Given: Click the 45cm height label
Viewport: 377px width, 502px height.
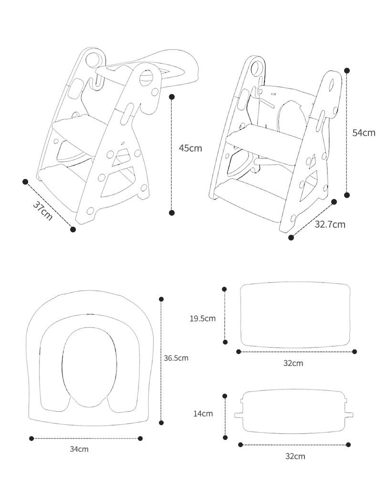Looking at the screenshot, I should (190, 148).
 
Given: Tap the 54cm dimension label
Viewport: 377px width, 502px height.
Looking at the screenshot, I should (364, 133).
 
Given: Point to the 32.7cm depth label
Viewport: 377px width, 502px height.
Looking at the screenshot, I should (330, 224).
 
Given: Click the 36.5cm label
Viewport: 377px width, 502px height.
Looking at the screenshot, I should (176, 358).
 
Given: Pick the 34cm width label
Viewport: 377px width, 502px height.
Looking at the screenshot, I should (79, 449).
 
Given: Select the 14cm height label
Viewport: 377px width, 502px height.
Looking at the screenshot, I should (203, 413).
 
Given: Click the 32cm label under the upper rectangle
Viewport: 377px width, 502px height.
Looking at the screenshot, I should (293, 363).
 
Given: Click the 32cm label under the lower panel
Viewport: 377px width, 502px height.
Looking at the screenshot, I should (295, 456).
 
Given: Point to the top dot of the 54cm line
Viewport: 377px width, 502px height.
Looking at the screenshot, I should (347, 71).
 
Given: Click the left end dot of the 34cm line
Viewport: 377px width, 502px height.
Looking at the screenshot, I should (31, 438).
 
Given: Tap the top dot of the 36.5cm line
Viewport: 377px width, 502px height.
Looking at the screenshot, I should (161, 299).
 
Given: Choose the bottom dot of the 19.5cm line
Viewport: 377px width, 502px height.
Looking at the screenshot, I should (225, 342).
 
